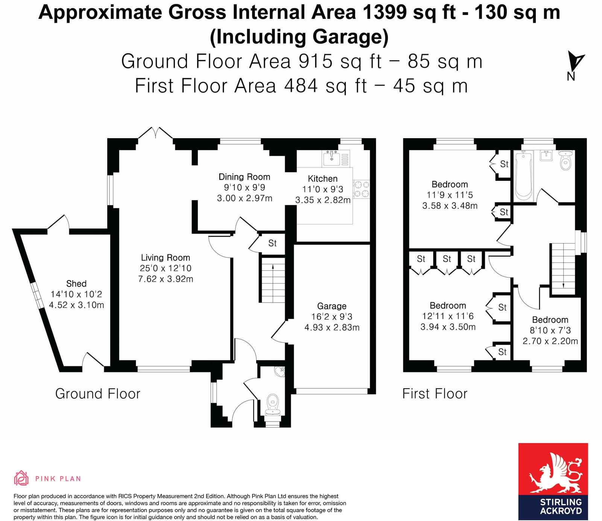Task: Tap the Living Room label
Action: (x=165, y=258)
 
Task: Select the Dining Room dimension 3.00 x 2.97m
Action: (x=245, y=198)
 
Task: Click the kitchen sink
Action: (x=332, y=157)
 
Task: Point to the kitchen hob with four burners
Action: (x=361, y=189)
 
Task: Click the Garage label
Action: (x=331, y=306)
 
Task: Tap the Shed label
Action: (x=76, y=284)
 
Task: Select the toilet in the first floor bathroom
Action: (x=566, y=161)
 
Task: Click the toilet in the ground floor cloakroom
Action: (x=272, y=404)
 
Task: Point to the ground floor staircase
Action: (x=272, y=279)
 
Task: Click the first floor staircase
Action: (x=563, y=268)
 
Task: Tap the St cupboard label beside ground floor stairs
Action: (x=272, y=244)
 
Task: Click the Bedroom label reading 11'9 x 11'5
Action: (x=450, y=184)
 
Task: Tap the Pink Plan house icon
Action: (x=21, y=478)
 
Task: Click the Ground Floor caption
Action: (x=97, y=394)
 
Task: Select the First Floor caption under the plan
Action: (x=435, y=394)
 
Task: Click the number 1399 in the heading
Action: (x=385, y=12)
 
